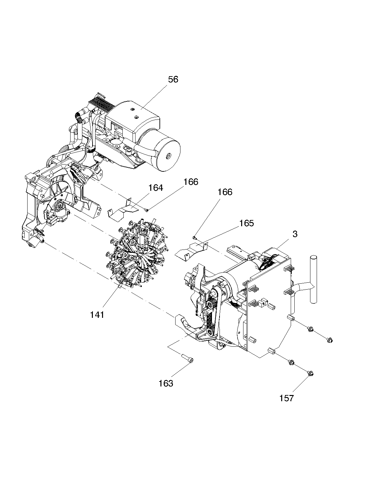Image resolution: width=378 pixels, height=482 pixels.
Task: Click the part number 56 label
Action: coord(173,79)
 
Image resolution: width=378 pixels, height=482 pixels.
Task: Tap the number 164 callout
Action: coord(156,188)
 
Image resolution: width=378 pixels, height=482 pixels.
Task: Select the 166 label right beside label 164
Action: coord(191,182)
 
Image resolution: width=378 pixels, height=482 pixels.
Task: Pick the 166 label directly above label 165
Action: coord(225,192)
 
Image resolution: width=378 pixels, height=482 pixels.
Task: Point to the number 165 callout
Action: coord(247,223)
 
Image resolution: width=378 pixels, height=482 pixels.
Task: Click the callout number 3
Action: coord(295,234)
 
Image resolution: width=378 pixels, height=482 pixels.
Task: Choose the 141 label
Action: coord(97,315)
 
